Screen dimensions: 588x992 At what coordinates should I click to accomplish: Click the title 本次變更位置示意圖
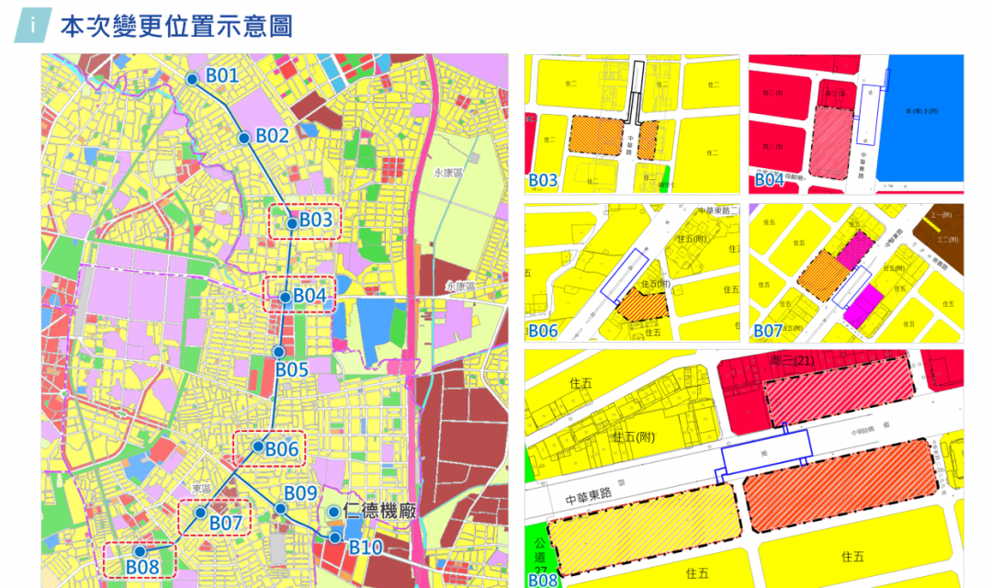point(176,26)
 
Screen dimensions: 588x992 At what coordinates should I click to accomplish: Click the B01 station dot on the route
point(192,80)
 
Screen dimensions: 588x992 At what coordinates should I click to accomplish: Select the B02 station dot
point(244,138)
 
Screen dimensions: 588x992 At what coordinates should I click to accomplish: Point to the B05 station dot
point(278,352)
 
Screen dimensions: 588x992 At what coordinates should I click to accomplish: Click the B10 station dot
point(336,537)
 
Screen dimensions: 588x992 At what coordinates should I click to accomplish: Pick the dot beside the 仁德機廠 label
point(333,513)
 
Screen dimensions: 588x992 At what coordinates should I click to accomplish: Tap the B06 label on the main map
point(282,449)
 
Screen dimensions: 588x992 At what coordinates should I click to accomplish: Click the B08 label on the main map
point(142,567)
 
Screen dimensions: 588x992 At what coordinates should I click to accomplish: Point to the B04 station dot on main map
point(285,298)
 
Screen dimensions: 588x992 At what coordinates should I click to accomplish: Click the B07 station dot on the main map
point(200,512)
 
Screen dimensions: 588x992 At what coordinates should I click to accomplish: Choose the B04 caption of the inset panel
point(769,180)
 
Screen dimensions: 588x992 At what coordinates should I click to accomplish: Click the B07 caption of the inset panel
point(769,331)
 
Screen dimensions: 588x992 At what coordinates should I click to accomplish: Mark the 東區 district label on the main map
point(202,488)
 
